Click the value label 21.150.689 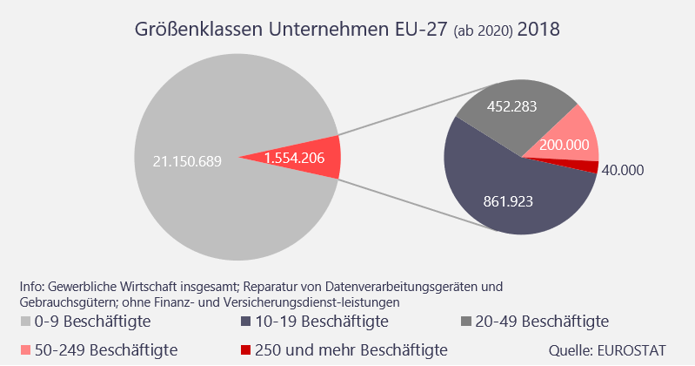click(x=187, y=161)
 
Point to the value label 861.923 click(x=507, y=201)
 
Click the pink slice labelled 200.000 click(x=568, y=139)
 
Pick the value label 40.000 click(x=623, y=171)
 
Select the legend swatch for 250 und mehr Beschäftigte click(x=246, y=350)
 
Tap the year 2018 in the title click(x=538, y=30)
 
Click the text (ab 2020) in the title click(x=483, y=31)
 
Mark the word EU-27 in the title click(x=422, y=30)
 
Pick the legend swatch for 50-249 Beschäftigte click(x=24, y=350)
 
